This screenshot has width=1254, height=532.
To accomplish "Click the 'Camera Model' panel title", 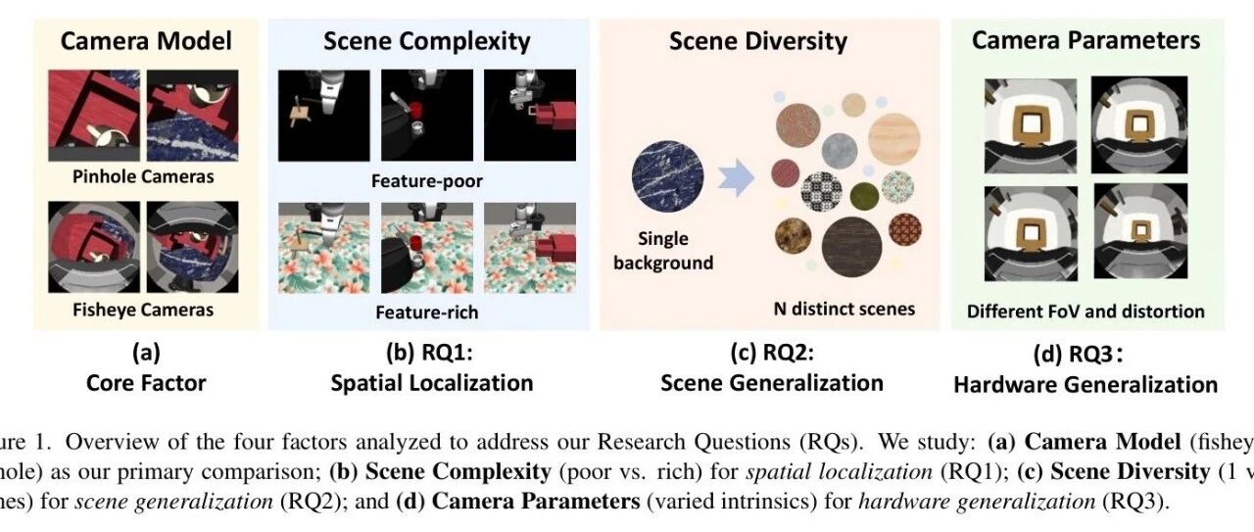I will (146, 41).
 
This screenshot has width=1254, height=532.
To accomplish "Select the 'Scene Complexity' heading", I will (427, 41).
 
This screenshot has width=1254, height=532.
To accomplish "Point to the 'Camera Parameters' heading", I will (1085, 40).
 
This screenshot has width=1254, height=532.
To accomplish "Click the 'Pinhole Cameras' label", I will (144, 177).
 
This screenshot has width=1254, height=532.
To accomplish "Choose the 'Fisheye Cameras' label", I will (144, 311).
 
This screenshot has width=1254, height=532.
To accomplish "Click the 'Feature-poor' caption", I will (426, 181).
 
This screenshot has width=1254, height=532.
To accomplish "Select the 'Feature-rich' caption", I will (426, 314).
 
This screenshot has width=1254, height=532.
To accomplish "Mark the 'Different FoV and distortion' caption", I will (1085, 312).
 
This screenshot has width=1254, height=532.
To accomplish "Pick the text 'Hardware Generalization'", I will (1085, 384).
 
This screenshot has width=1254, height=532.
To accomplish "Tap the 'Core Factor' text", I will (145, 381).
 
